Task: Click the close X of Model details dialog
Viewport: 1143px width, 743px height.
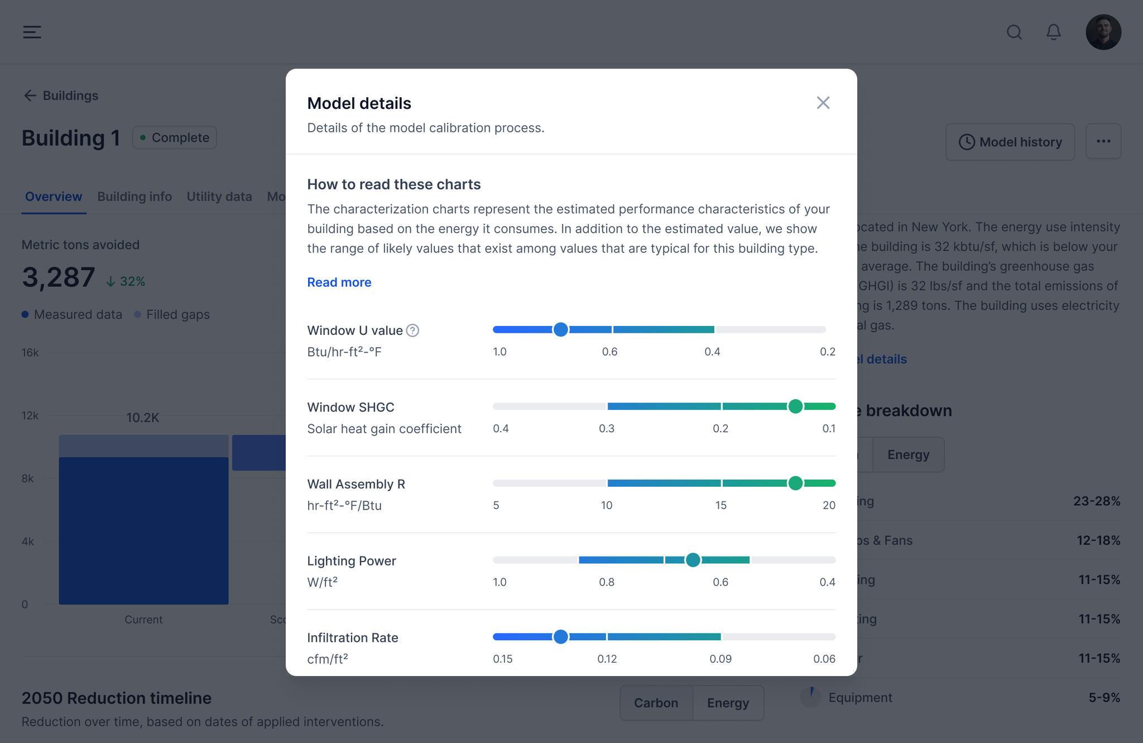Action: (823, 103)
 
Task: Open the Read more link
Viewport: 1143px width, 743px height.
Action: (339, 282)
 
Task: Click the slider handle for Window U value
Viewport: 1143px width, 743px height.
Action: (560, 330)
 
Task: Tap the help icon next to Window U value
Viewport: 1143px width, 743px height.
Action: (412, 330)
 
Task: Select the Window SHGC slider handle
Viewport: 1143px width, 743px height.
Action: (795, 406)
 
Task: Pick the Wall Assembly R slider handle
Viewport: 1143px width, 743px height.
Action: (795, 483)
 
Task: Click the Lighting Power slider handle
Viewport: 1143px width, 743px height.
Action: (693, 560)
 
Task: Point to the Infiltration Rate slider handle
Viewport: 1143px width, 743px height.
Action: (560, 637)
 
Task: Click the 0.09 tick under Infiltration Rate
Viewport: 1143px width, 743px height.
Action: (721, 659)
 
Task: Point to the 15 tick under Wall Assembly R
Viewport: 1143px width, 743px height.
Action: (721, 505)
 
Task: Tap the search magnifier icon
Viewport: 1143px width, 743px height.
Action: (1014, 32)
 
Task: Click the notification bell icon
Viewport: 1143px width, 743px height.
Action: (1053, 32)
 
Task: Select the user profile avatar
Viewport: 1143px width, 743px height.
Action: (1103, 32)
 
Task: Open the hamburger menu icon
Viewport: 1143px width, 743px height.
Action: (32, 32)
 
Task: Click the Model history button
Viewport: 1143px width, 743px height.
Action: (1010, 142)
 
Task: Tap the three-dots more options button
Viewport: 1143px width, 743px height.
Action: (1103, 142)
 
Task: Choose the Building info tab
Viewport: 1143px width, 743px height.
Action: (135, 196)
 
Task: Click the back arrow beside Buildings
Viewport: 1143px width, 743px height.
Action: (30, 95)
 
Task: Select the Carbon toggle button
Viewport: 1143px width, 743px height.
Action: (656, 703)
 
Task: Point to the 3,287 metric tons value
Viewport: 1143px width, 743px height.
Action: (59, 277)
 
